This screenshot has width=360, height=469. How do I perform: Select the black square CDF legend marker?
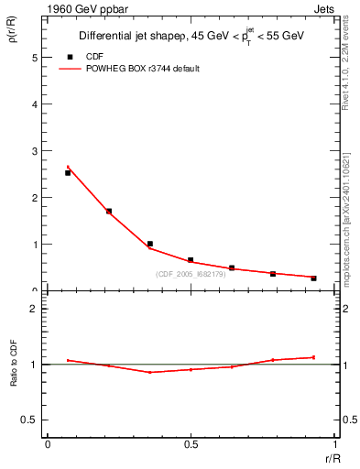point(70,56)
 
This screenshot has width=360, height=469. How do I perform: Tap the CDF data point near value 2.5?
point(68,172)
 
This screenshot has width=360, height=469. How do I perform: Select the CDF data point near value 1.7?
point(109,211)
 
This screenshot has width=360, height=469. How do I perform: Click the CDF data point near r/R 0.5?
point(191,260)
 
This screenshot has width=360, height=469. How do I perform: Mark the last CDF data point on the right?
point(313,278)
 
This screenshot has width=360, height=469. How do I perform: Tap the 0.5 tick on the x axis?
point(191,444)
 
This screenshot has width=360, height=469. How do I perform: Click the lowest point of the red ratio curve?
point(149,372)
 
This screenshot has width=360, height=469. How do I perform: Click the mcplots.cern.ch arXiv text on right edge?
point(350,220)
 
